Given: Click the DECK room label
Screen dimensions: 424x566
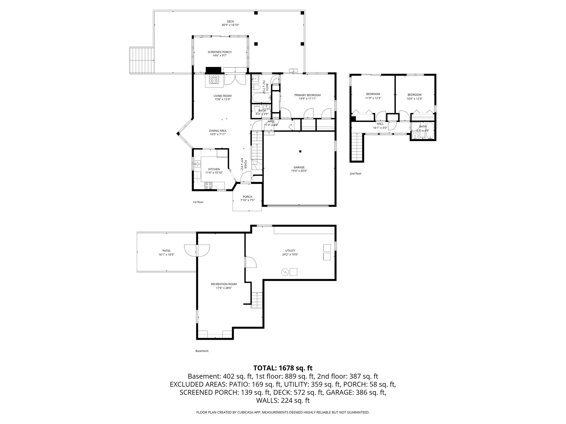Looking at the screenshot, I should click(x=230, y=22).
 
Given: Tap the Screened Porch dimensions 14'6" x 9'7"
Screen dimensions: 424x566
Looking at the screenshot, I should click(x=219, y=55).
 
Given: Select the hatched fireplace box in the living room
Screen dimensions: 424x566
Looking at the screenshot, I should click(x=213, y=80).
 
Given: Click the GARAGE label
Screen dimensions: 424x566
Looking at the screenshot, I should click(x=299, y=167).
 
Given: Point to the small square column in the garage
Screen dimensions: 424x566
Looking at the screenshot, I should click(x=300, y=151).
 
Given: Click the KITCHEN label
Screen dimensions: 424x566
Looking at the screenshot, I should click(x=214, y=169).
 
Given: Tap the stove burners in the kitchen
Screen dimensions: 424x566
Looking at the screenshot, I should click(x=209, y=185).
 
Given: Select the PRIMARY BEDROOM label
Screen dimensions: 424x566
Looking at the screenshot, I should click(x=307, y=95).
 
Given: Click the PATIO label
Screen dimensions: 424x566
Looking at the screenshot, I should click(x=166, y=251).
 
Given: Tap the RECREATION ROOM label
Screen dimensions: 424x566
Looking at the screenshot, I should click(x=224, y=284).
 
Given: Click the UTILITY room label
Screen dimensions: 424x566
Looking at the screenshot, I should click(x=290, y=251).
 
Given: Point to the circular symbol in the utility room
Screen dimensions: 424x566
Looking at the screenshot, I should click(x=285, y=272).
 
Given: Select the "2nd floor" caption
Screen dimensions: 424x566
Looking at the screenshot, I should click(x=355, y=174).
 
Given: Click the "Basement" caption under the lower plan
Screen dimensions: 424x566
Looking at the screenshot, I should click(x=202, y=351).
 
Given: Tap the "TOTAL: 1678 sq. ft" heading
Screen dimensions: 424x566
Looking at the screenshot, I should click(x=283, y=368).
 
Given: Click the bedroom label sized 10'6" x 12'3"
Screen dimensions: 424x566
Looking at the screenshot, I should click(x=414, y=95).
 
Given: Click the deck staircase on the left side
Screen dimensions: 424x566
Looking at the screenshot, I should click(x=142, y=60).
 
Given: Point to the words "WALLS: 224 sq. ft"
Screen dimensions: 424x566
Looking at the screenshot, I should click(x=283, y=401).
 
